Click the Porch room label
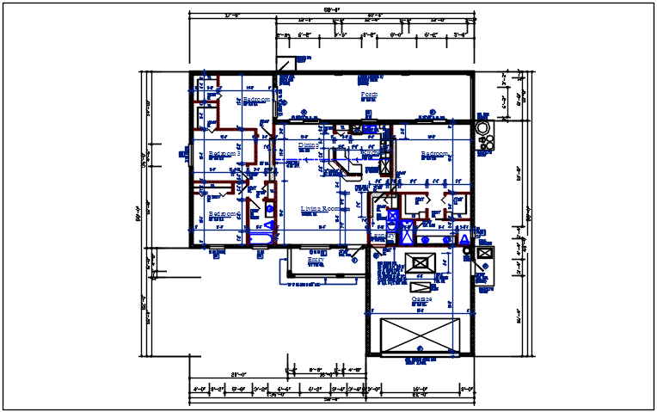coord(369,94)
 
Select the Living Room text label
coord(325,209)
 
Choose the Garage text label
coord(421,298)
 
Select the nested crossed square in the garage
coord(421,263)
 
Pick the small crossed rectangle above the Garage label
coord(421,286)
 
